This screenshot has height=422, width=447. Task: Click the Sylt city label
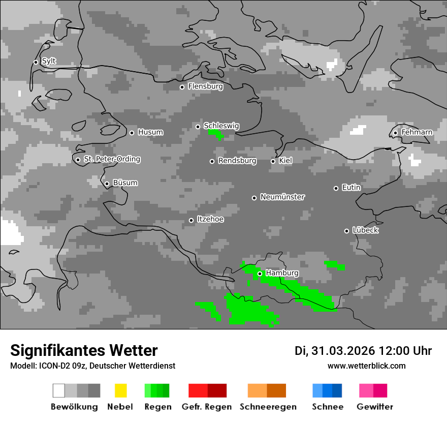pos(49,61)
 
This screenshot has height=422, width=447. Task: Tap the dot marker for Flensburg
pos(182,87)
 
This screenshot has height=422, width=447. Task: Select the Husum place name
pos(150,132)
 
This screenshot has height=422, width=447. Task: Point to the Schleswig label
pos(221,126)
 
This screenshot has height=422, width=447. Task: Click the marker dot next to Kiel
pos(273,161)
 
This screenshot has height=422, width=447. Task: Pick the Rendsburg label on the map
pos(237,161)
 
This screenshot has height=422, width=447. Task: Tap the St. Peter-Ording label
pos(112,159)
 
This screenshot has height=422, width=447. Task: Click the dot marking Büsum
pos(107,184)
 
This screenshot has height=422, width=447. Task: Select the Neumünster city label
pos(282,197)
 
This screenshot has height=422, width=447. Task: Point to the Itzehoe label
pos(210,219)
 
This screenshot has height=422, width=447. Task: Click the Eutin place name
pos(352,188)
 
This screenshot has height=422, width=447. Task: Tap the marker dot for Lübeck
pos(346,231)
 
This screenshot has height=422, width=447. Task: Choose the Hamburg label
pos(282,273)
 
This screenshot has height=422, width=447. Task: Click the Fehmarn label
pos(417,132)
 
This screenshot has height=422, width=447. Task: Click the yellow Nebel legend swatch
pos(120,390)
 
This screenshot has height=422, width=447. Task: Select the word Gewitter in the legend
pos(375,407)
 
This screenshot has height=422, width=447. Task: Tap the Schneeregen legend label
pos(267,407)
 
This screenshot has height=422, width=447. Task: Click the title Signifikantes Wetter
pos(84,350)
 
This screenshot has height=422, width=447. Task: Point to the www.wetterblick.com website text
pos(367,366)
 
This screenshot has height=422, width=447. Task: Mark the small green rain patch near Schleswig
pos(216,134)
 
